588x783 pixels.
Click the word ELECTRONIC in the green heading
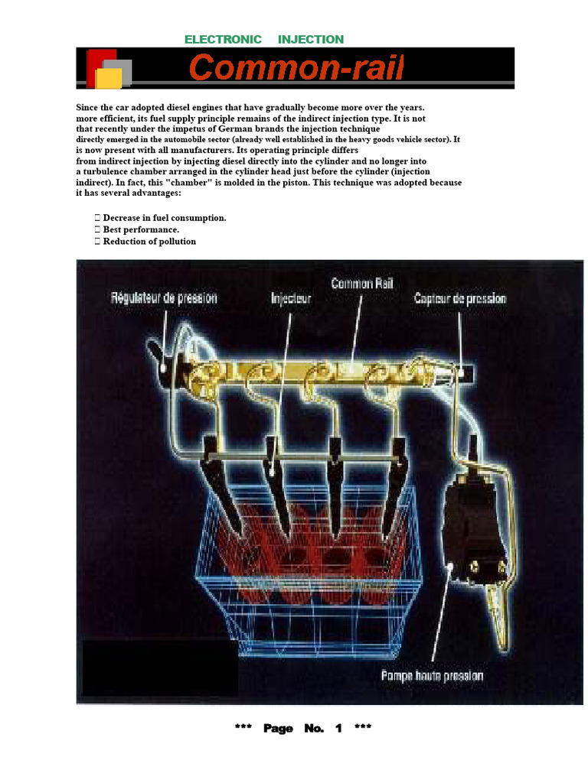(223, 40)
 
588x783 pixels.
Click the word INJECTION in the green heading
(311, 40)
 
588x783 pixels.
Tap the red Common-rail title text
(296, 67)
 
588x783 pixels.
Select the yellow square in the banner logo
(109, 79)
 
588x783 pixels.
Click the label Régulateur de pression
(164, 298)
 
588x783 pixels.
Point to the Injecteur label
(291, 298)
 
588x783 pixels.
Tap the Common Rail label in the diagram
(362, 284)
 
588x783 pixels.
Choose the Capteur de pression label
(460, 299)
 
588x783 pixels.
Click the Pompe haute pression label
(432, 676)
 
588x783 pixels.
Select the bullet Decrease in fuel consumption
(165, 218)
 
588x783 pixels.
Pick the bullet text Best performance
(141, 229)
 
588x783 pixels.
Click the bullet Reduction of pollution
(149, 241)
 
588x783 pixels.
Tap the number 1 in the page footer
(338, 728)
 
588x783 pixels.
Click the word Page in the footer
(278, 729)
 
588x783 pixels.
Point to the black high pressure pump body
(472, 529)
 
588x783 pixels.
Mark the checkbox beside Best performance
(97, 229)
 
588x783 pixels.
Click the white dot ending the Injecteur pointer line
(272, 472)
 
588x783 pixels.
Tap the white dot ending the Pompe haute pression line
(450, 567)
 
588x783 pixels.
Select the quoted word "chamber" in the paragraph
(188, 182)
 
